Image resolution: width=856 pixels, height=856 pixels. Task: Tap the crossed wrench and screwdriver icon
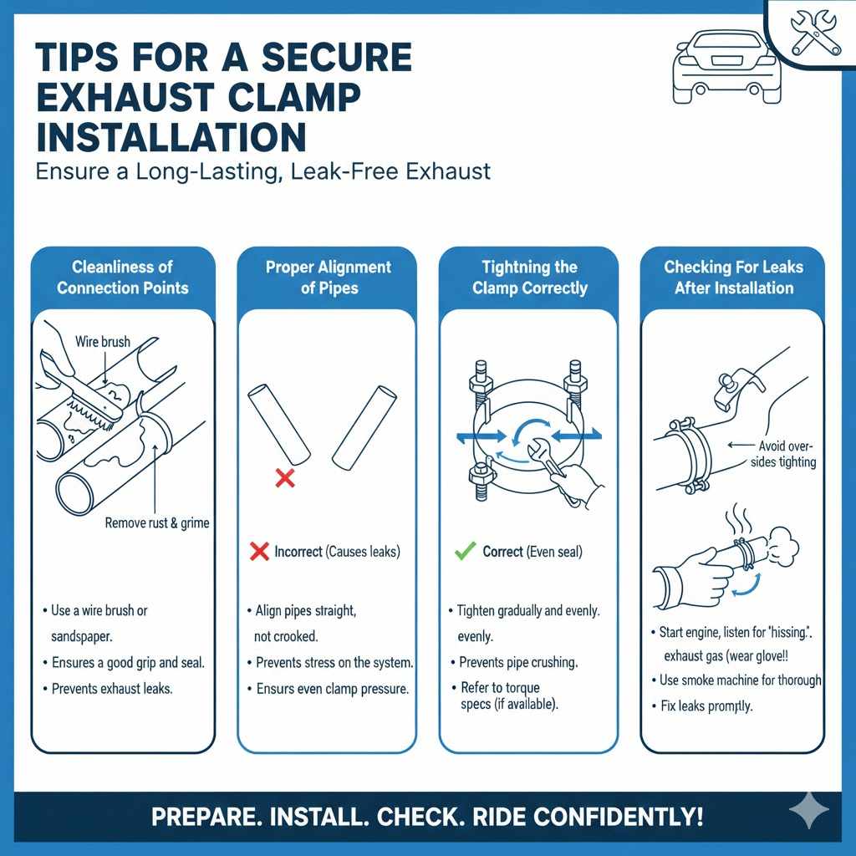(x=815, y=33)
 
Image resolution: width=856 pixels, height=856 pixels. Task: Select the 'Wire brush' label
(x=103, y=342)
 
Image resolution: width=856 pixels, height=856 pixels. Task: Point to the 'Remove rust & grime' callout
(x=157, y=523)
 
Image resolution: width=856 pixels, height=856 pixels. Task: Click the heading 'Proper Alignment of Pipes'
(x=328, y=278)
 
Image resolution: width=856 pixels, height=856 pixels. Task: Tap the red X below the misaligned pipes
(x=285, y=479)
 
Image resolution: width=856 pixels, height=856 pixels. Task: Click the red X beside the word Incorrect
(x=259, y=552)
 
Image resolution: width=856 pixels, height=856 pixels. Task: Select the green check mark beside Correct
(x=464, y=552)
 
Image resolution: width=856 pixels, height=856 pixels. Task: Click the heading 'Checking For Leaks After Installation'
(x=733, y=278)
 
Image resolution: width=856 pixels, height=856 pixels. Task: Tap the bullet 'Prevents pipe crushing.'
(x=518, y=662)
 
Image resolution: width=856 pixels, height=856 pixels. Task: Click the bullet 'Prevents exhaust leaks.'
(x=115, y=689)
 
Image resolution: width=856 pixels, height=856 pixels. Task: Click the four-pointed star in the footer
(x=808, y=812)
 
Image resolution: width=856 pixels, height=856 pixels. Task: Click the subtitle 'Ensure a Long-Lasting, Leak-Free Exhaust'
(x=262, y=171)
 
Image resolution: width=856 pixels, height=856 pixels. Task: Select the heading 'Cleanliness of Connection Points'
(x=123, y=278)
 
